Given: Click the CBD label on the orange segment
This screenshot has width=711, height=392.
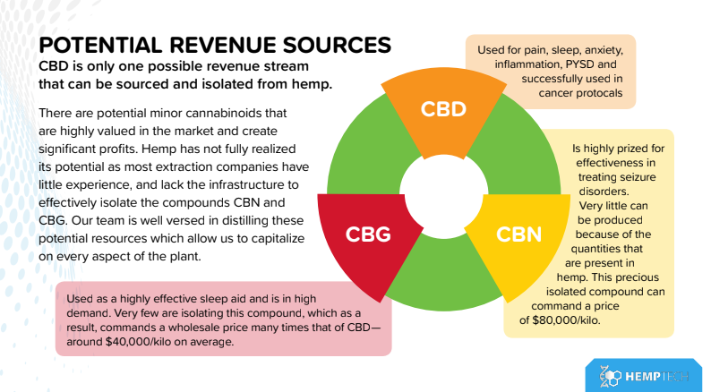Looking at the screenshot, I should pos(445,110).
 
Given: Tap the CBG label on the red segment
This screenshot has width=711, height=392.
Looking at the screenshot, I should pos(369,234).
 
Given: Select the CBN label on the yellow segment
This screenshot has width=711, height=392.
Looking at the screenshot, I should pos(518,234).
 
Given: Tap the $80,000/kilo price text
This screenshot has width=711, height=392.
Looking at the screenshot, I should pos(562,320).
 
